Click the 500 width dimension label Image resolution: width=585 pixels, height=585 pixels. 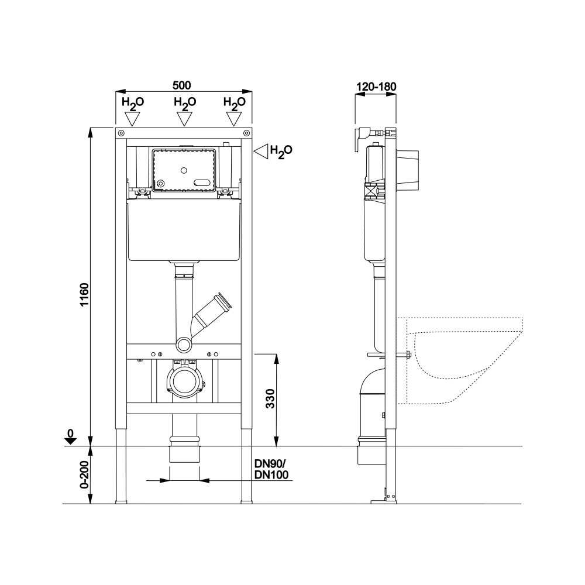click(x=182, y=85)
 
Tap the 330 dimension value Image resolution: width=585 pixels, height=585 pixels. click(x=270, y=398)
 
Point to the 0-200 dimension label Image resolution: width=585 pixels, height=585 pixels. click(x=85, y=475)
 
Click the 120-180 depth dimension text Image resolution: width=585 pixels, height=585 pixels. click(x=376, y=87)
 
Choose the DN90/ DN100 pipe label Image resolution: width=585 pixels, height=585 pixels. click(x=271, y=469)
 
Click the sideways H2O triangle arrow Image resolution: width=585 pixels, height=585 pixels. click(x=261, y=151)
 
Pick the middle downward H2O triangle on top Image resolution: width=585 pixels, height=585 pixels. click(x=184, y=119)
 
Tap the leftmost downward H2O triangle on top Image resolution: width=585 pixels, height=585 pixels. click(x=132, y=119)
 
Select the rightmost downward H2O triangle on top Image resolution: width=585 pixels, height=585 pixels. click(x=234, y=119)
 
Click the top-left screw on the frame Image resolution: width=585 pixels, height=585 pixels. click(x=121, y=133)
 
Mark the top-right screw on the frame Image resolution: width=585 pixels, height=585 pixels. click(x=246, y=133)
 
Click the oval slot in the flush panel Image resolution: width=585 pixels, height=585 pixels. click(x=202, y=183)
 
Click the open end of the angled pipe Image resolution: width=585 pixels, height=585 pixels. click(x=224, y=301)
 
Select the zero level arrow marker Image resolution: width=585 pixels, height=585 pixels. click(x=70, y=441)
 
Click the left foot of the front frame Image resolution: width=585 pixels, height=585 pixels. click(x=121, y=501)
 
